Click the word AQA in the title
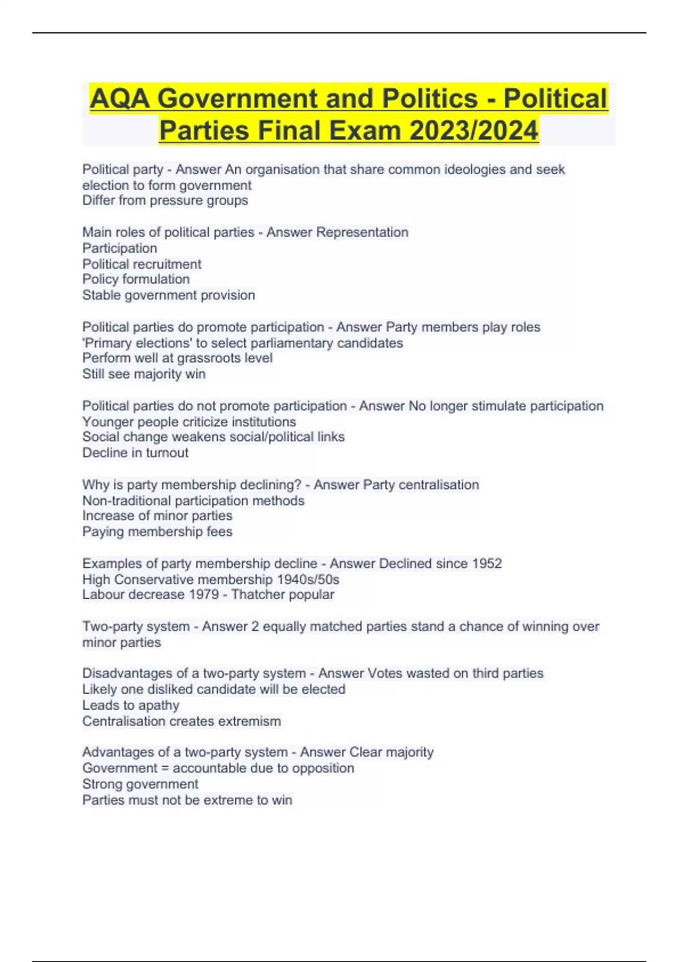[x=119, y=99]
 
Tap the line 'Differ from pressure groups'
[x=165, y=200]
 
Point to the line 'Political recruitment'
[x=141, y=264]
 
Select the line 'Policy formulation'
[x=136, y=279]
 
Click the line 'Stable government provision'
[x=169, y=295]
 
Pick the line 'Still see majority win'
[x=144, y=374]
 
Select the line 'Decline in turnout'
[x=135, y=453]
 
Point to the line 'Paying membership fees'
[x=157, y=531]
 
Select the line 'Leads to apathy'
[x=131, y=705]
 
